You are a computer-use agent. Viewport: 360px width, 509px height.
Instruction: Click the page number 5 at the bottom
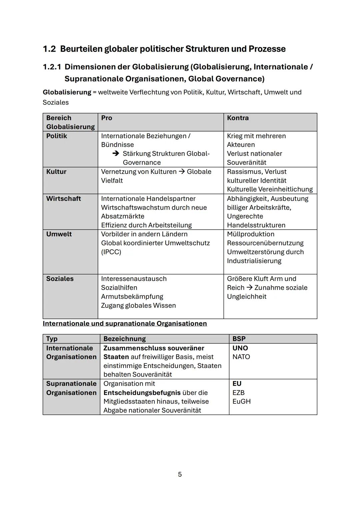[x=180, y=474]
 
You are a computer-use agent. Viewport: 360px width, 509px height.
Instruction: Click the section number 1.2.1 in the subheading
[x=52, y=67]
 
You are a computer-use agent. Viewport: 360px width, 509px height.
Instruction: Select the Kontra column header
[x=238, y=118]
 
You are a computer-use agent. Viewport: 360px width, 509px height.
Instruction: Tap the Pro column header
[x=107, y=118]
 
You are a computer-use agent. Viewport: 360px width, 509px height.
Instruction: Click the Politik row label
[x=57, y=136]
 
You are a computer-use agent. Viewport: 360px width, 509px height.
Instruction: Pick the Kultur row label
[x=56, y=172]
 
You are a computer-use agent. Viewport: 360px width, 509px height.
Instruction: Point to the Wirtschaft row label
[x=63, y=198]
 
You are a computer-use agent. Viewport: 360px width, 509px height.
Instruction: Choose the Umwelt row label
[x=59, y=234]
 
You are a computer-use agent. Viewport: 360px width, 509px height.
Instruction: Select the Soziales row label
[x=60, y=279]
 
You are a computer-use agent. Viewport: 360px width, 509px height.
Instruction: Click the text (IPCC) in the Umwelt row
[x=111, y=252]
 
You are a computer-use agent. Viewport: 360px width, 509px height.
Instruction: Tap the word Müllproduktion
[x=251, y=234]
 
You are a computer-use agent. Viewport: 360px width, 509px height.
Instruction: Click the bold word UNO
[x=240, y=348]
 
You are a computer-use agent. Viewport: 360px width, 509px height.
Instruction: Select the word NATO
[x=241, y=357]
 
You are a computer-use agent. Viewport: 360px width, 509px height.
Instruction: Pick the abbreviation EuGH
[x=241, y=401]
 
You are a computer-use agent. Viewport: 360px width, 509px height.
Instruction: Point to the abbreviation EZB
[x=238, y=393]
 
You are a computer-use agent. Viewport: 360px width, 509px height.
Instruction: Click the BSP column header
[x=239, y=339]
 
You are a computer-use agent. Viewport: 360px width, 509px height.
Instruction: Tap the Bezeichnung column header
[x=125, y=339]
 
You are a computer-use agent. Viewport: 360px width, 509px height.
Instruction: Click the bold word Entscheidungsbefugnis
[x=142, y=393]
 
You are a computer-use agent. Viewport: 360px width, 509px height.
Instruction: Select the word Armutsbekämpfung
[x=132, y=296]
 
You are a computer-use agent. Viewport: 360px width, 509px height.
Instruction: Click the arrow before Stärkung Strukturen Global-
[x=116, y=154]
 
